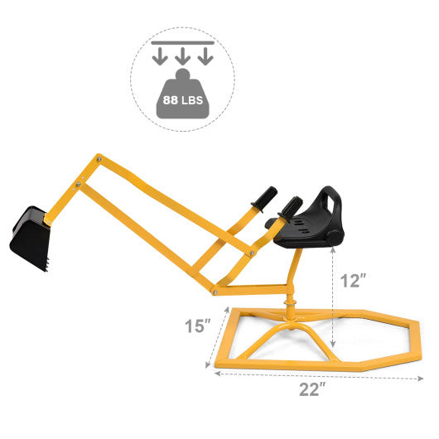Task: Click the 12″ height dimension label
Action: point(352,281)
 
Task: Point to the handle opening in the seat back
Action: point(331,202)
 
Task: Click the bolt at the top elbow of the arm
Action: point(99,158)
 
